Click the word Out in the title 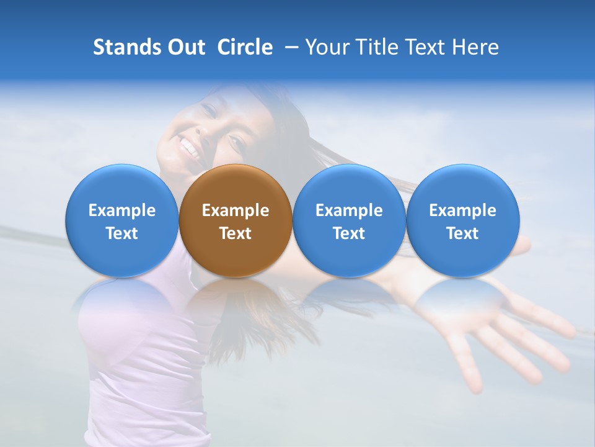pos(184,47)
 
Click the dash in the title pos(289,47)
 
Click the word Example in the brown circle pos(236,210)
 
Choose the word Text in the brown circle pos(236,233)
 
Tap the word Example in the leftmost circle pos(121,210)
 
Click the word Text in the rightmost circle pos(462,233)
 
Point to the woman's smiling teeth pos(188,148)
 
